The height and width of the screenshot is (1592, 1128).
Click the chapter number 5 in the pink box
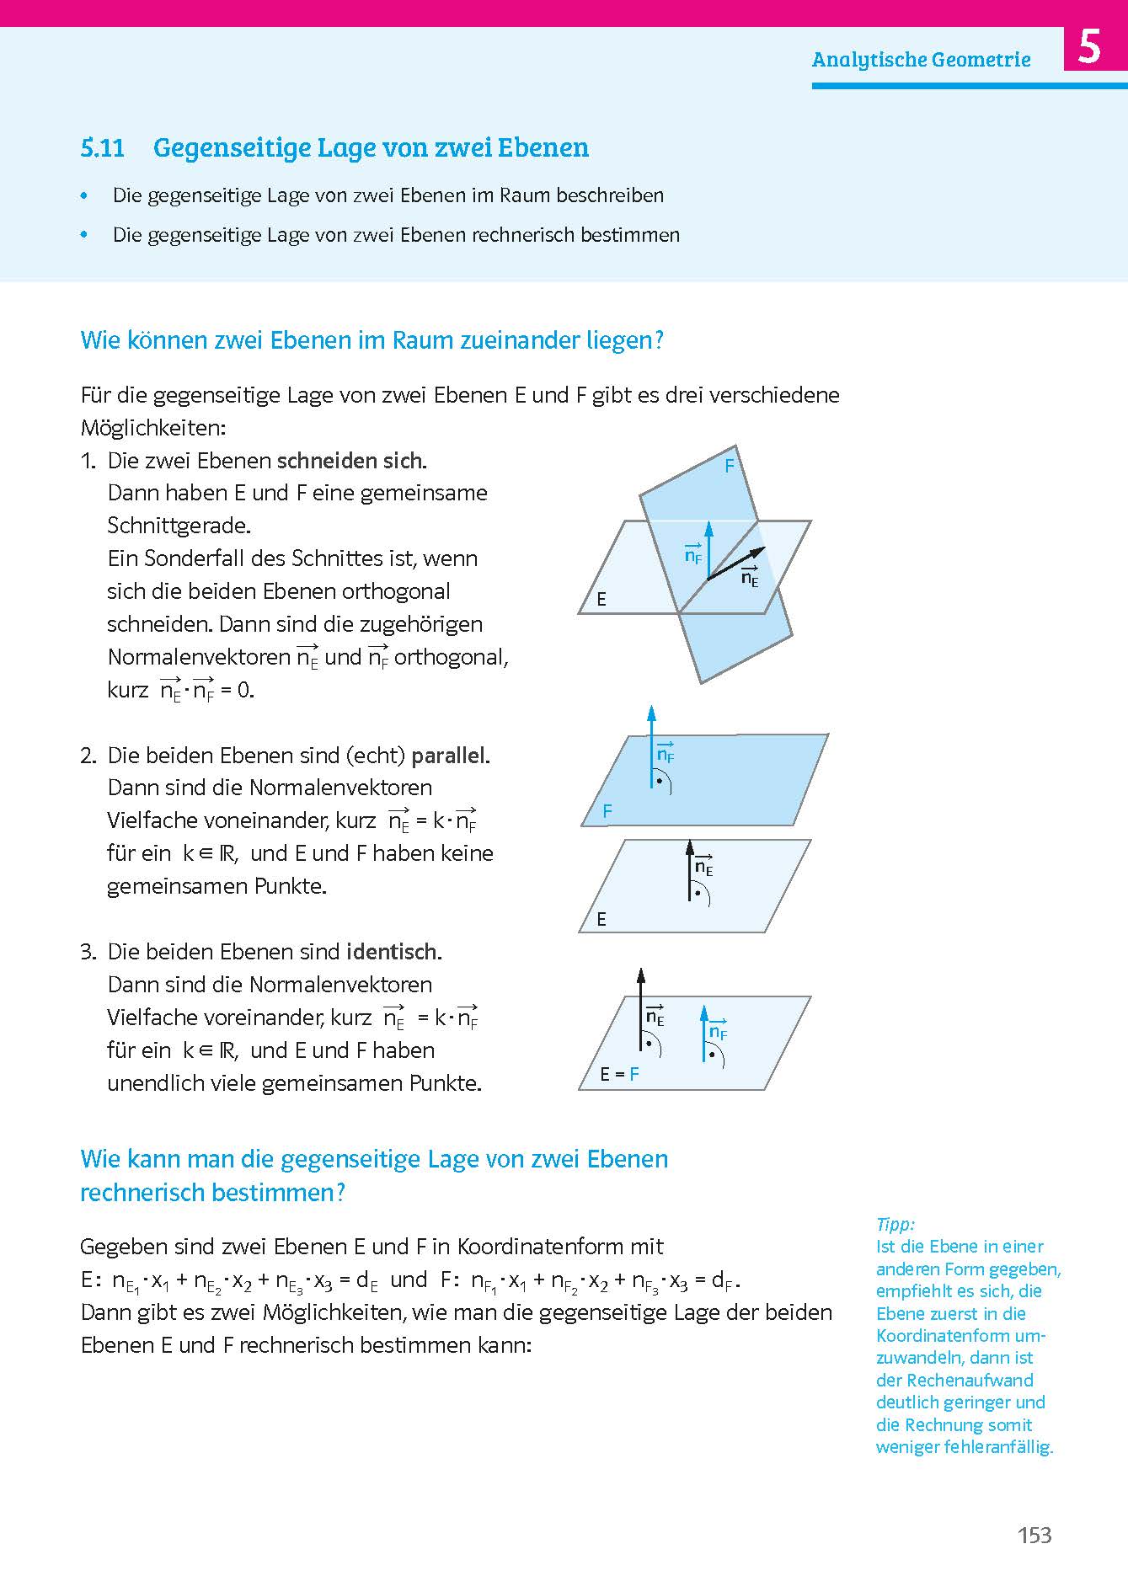(1089, 48)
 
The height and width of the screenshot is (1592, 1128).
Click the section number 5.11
(103, 148)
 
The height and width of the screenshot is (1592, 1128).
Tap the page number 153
(1034, 1535)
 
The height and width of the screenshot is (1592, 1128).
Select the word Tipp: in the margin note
(895, 1224)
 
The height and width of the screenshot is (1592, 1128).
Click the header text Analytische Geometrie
(921, 60)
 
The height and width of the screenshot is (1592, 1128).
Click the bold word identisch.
(393, 953)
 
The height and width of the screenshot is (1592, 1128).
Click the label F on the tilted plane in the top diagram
(730, 465)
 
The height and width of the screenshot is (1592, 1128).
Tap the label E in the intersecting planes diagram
(601, 600)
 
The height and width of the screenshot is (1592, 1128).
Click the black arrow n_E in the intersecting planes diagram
(736, 564)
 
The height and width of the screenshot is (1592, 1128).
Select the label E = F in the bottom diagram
(619, 1074)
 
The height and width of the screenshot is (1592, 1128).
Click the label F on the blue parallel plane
(607, 811)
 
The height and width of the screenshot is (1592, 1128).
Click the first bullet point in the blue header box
(83, 195)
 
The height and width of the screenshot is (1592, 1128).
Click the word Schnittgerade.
(179, 526)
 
